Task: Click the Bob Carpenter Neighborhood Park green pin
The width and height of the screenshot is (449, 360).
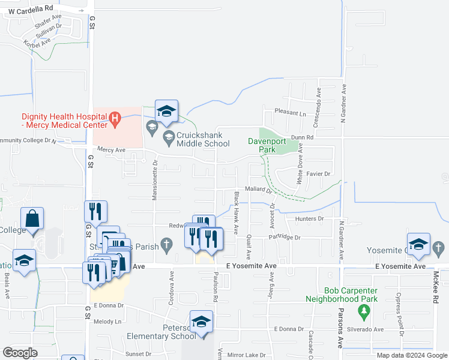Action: (x=363, y=311)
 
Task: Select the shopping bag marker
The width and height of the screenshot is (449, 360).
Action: (x=32, y=218)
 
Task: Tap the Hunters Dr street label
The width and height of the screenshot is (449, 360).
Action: (x=309, y=219)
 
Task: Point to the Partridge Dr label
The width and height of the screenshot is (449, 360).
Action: (x=283, y=238)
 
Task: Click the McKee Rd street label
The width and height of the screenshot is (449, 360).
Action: (x=436, y=285)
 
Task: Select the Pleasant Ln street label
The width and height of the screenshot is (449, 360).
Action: (x=290, y=113)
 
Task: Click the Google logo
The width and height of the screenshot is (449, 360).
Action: (x=20, y=353)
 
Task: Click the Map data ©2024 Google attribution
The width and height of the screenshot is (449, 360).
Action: (x=412, y=355)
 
